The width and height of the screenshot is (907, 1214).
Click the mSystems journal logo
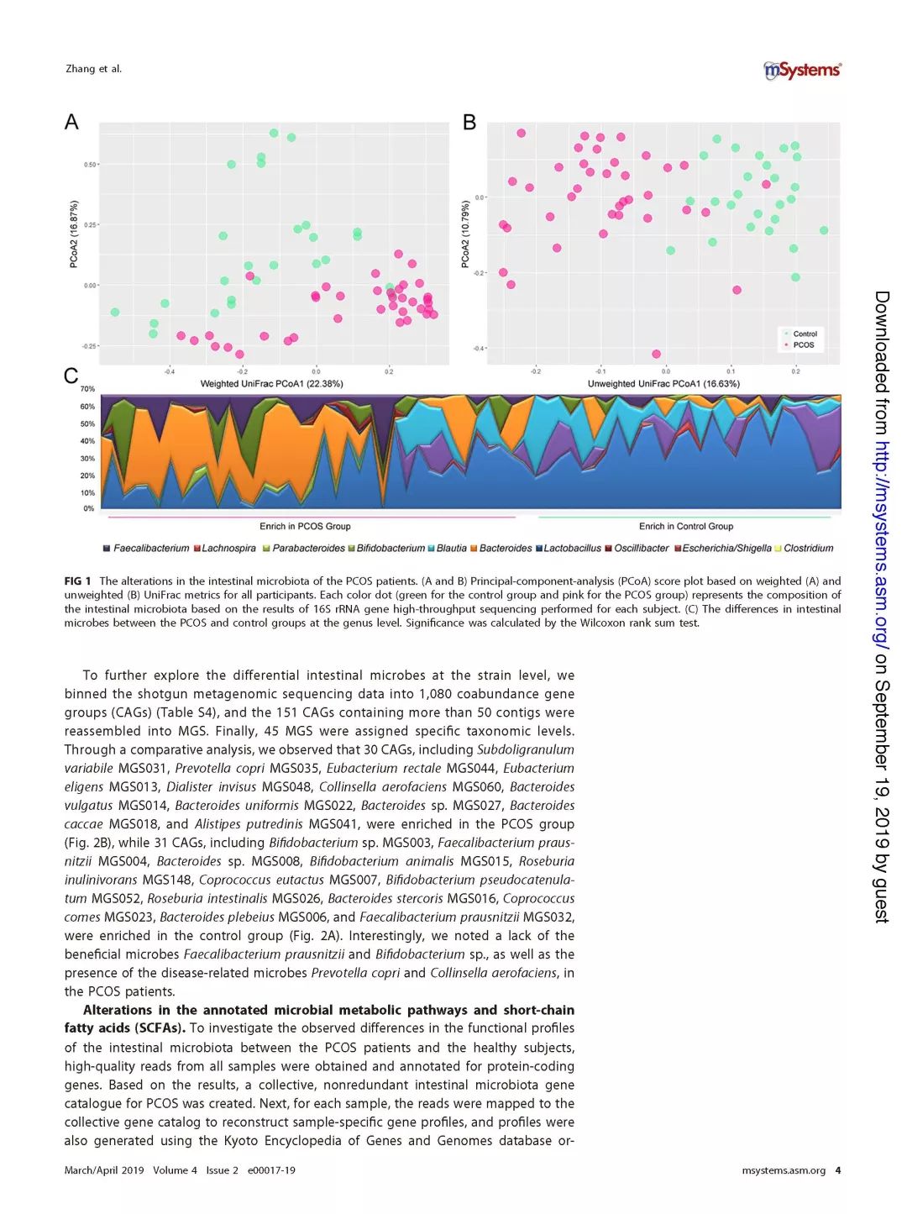coord(802,71)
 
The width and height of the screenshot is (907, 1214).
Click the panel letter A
coord(72,123)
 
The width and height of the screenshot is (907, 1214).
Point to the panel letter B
coord(469,123)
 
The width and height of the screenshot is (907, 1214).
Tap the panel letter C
coord(71,376)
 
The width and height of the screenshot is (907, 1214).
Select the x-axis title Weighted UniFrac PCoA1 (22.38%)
coord(271,384)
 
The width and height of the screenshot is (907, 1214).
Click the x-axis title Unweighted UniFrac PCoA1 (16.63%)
coord(663,384)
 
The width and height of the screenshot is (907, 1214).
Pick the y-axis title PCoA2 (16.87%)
coord(74,234)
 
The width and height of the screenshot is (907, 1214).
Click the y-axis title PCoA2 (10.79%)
coord(465,234)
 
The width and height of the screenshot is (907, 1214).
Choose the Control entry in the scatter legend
coord(804,334)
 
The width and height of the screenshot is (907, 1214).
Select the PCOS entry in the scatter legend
coord(803,345)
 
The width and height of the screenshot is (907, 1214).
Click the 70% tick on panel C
coord(87,389)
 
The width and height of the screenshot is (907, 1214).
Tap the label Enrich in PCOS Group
coord(305,527)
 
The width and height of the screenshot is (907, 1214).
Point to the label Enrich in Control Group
coord(685,527)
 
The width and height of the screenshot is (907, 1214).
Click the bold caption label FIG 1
coord(77,581)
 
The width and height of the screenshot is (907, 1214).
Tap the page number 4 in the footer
coord(837,1170)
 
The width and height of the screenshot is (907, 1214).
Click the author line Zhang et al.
coord(93,69)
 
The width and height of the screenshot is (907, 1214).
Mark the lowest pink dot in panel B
coord(656,354)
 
